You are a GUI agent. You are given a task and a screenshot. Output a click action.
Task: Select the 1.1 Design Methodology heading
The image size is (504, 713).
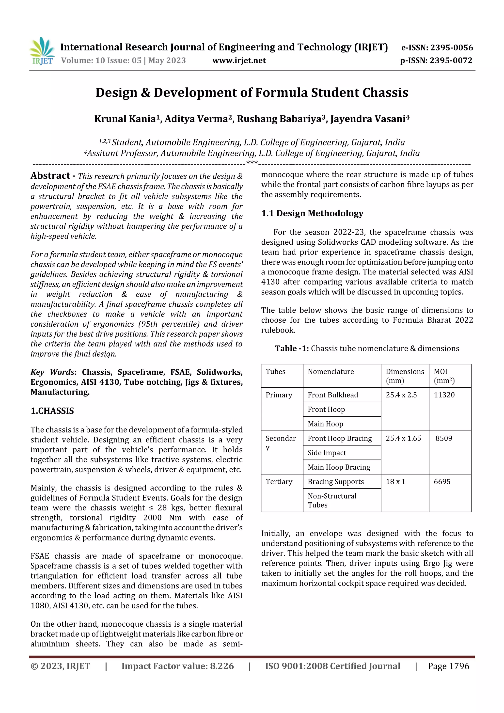pyautogui.click(x=312, y=213)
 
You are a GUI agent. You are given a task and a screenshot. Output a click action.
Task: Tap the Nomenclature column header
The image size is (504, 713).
pyautogui.click(x=331, y=372)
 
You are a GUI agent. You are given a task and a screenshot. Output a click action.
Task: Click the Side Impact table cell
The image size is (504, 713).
pyautogui.click(x=327, y=453)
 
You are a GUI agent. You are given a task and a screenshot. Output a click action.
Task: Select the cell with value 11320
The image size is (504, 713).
pyautogui.click(x=444, y=395)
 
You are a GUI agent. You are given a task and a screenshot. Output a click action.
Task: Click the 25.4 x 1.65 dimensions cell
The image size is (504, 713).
pyautogui.click(x=403, y=439)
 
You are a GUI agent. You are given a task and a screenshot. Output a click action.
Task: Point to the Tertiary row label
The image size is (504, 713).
pyautogui.click(x=279, y=482)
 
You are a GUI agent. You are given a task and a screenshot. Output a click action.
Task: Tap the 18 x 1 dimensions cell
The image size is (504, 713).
pyautogui.click(x=395, y=482)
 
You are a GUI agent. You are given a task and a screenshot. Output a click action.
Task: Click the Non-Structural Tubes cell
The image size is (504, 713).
pyautogui.click(x=332, y=500)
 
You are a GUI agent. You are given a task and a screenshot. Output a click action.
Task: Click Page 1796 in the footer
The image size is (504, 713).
pyautogui.click(x=448, y=666)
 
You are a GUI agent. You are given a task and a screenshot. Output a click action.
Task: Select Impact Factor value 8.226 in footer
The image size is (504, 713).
pyautogui.click(x=178, y=666)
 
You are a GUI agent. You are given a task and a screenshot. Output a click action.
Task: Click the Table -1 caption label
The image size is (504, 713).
pyautogui.click(x=292, y=349)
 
